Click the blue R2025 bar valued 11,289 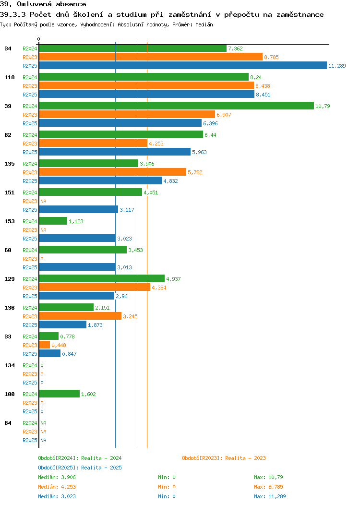tap(182, 66)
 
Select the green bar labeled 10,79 tap(176, 106)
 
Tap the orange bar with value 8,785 tap(151, 57)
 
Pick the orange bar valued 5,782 tap(112, 172)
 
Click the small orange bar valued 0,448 tap(44, 345)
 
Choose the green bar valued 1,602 tap(59, 394)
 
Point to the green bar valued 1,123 tap(53, 221)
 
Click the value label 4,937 tap(173, 279)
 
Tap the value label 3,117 tap(127, 210)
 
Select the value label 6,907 tap(224, 115)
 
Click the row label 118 tap(9, 77)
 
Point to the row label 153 tap(9, 221)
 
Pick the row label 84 tap(8, 423)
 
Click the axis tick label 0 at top tap(39, 39)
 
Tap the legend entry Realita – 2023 tap(224, 458)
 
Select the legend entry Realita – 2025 tap(80, 468)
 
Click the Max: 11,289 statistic tap(270, 496)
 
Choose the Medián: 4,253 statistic tap(57, 487)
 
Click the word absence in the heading tap(70, 4)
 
